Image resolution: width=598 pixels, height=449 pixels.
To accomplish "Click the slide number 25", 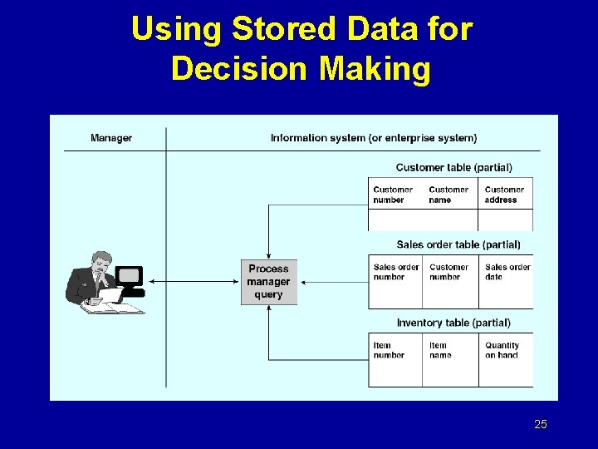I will coord(541,425).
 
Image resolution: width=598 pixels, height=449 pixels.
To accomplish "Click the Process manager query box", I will coord(268,282).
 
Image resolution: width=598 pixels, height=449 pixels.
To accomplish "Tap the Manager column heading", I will coord(111,138).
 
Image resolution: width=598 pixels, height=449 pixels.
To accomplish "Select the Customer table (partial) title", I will coord(453,168).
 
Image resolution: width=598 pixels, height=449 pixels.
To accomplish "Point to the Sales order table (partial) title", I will coord(458,245).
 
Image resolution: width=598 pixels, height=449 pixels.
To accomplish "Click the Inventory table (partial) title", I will coord(453,323).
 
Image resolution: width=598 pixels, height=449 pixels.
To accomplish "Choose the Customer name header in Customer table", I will coord(448,195).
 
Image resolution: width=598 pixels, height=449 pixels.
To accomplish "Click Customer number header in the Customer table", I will coord(393,195).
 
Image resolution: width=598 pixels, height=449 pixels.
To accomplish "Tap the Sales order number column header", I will coord(396,272).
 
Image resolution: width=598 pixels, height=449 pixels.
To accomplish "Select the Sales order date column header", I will coord(507,272).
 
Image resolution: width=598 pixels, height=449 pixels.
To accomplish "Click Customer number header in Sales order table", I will coord(448,272).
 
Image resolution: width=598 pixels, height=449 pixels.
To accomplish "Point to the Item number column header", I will coord(389,350).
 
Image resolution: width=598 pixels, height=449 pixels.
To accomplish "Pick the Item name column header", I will coord(440,350).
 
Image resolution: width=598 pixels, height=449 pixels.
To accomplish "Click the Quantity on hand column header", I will coord(502,350).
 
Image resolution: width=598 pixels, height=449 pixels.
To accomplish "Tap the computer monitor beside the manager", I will coord(130,277).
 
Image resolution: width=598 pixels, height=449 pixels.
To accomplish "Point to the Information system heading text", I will coord(373,138).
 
